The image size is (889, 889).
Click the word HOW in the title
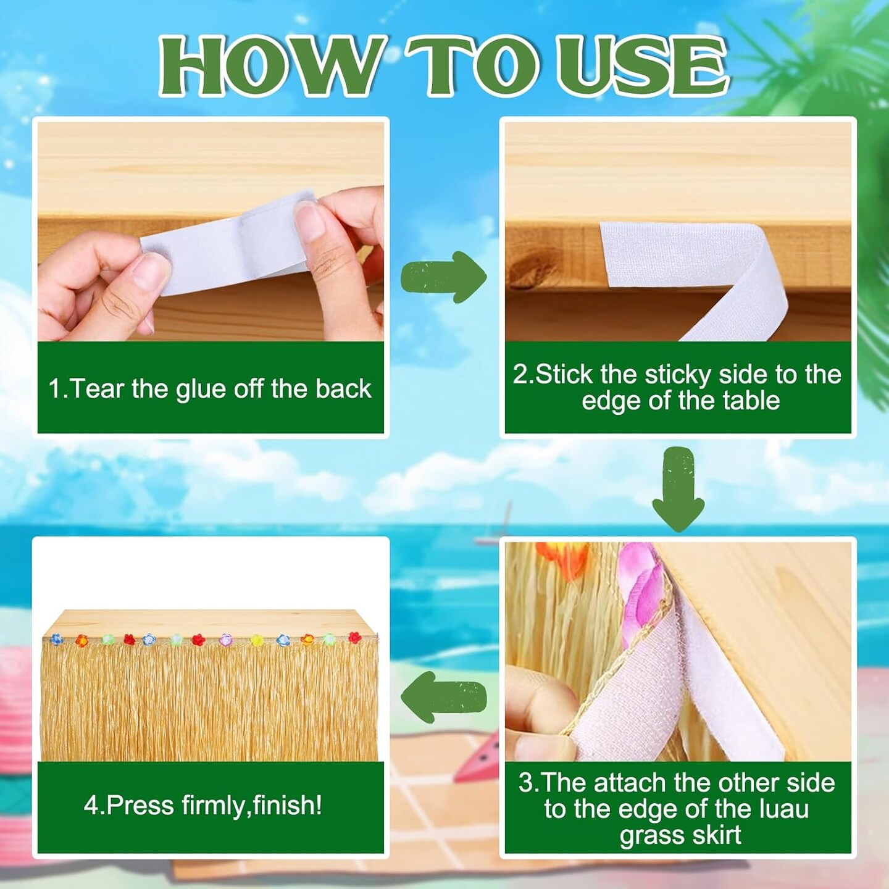click(x=272, y=67)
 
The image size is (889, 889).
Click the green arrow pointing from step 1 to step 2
click(x=443, y=277)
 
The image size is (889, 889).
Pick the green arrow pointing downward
click(x=678, y=490)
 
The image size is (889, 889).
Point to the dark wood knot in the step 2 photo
click(x=526, y=272)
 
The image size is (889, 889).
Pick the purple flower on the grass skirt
click(x=225, y=640)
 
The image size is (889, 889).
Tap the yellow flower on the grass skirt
click(x=256, y=640)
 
